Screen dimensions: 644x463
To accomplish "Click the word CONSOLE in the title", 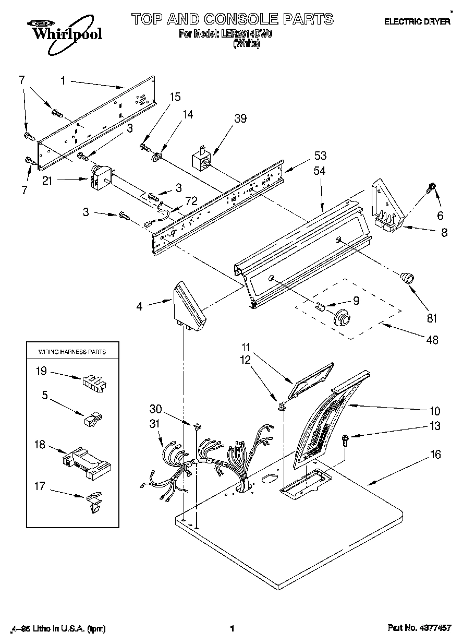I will pos(241,19).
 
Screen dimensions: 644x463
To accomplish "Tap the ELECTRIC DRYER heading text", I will pos(417,22).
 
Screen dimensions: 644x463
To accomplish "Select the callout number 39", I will pos(240,118).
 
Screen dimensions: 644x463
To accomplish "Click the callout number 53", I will pos(320,155).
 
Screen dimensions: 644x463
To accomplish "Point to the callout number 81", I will pos(432,317).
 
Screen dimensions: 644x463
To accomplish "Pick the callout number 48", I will pos(432,340).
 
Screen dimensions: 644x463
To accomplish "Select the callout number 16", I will pos(435,455).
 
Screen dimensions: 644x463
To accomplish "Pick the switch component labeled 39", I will pos(202,158).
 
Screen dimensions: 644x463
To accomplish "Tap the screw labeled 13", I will pos(345,439).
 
